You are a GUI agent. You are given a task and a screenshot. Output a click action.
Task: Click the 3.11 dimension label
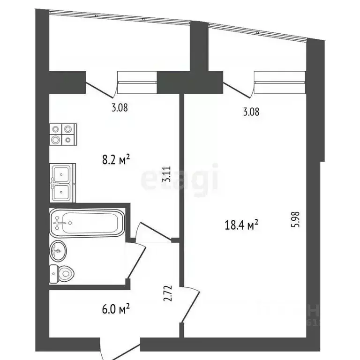165,174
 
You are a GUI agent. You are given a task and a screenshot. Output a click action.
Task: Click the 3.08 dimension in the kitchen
120,107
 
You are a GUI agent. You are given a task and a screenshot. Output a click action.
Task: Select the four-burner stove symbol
62,134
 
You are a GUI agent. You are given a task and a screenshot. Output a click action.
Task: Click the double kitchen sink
62,183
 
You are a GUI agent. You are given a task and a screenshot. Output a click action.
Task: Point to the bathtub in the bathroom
87,223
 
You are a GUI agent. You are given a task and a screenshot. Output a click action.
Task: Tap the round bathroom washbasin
58,252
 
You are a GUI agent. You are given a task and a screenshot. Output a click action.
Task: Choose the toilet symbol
61,274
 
